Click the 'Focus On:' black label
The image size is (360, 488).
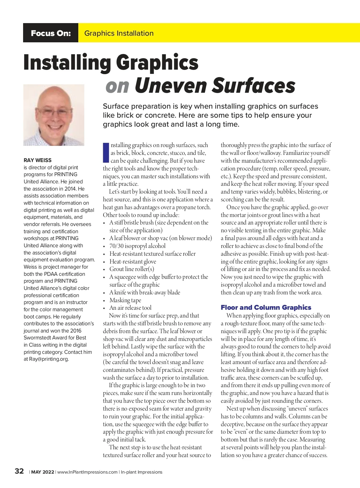(x=51, y=33)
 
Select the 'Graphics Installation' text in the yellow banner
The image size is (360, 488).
(x=119, y=33)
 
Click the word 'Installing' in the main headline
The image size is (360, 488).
(x=67, y=63)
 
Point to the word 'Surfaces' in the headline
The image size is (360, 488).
(x=254, y=86)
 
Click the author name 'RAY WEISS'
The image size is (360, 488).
(x=37, y=160)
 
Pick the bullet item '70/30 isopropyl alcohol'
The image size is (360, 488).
(x=137, y=246)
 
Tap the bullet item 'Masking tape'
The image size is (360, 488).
(x=125, y=300)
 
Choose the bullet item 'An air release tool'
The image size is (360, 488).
(x=130, y=308)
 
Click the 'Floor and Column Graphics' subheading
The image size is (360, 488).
(x=266, y=307)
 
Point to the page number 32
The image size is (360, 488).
(x=19, y=471)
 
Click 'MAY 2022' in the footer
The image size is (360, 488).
(x=43, y=472)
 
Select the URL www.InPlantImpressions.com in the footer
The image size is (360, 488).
(x=87, y=472)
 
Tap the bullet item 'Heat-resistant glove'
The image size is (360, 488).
(x=133, y=261)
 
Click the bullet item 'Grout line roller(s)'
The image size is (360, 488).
(x=132, y=269)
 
